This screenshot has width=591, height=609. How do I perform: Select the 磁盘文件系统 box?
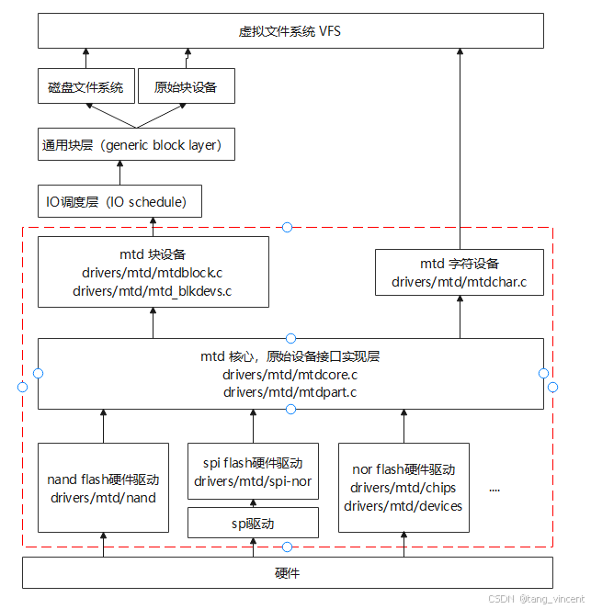click(x=85, y=87)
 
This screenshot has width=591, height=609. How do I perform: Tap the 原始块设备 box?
click(x=185, y=87)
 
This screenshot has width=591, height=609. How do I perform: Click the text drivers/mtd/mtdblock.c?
click(x=153, y=273)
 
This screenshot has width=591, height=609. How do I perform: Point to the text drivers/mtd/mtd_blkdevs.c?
click(x=153, y=290)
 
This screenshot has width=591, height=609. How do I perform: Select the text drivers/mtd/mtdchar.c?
click(x=459, y=282)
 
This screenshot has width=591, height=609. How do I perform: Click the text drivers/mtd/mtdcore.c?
click(x=290, y=375)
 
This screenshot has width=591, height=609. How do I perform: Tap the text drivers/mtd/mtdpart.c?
click(x=290, y=392)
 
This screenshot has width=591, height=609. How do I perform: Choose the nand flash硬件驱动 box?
click(x=103, y=488)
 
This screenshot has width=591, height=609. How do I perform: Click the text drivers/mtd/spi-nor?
click(x=253, y=481)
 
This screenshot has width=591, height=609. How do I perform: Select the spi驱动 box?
click(x=253, y=524)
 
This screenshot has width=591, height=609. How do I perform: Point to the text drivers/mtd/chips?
click(x=403, y=488)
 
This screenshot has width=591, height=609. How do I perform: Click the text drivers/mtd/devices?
click(x=403, y=505)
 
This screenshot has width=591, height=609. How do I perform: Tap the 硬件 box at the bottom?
click(x=287, y=573)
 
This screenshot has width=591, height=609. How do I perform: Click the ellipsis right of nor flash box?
click(x=494, y=490)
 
